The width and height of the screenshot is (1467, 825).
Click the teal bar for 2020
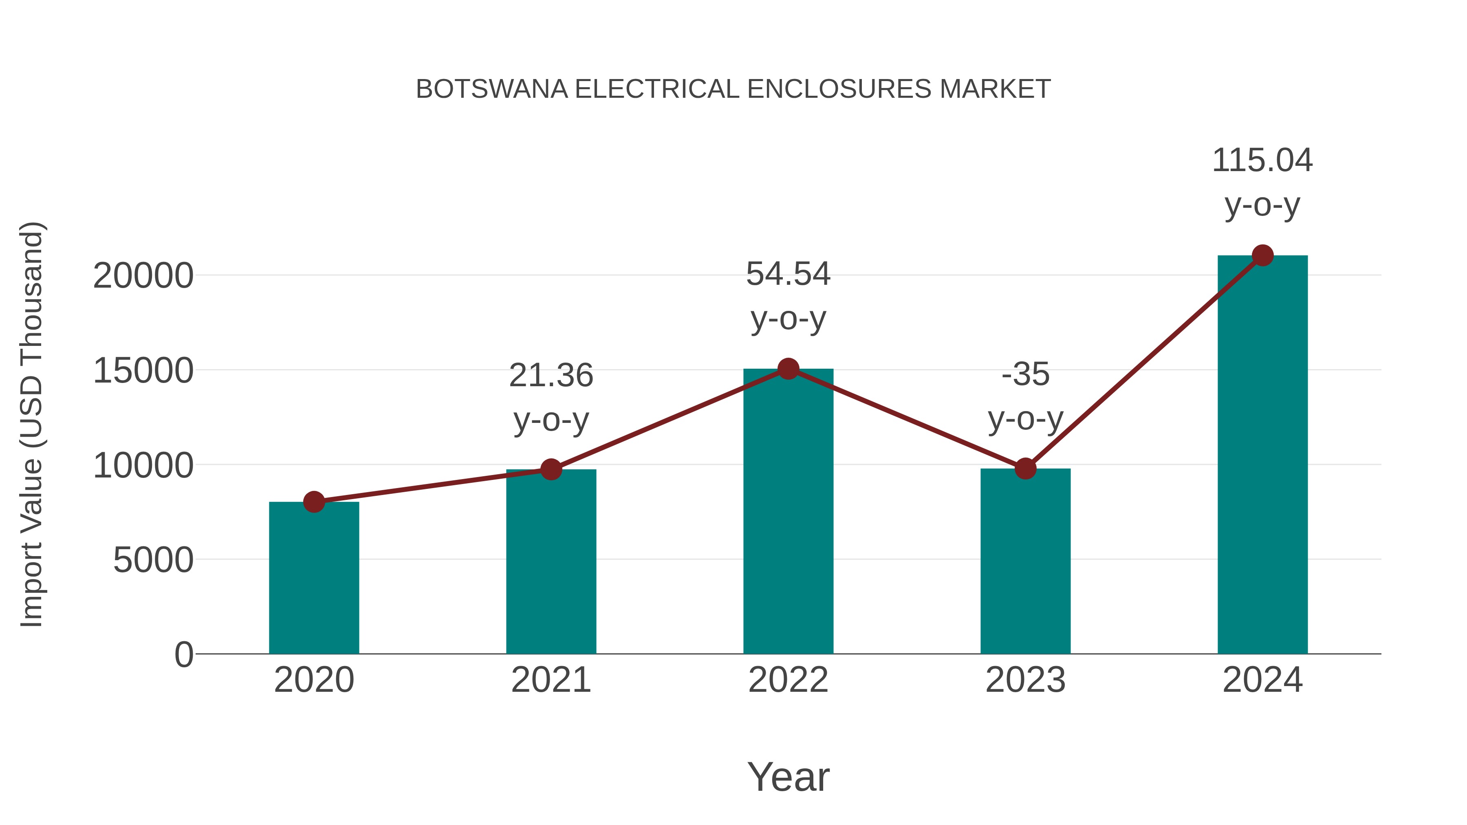[314, 578]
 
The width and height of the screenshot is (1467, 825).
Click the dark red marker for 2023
[1025, 469]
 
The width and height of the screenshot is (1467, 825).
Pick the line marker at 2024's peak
[1262, 255]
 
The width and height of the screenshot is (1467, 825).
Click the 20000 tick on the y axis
[143, 276]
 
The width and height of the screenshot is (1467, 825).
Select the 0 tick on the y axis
[183, 654]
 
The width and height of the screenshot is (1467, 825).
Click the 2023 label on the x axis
[1025, 680]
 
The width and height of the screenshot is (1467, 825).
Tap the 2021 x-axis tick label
[551, 680]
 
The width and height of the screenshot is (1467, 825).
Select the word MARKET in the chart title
[995, 89]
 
